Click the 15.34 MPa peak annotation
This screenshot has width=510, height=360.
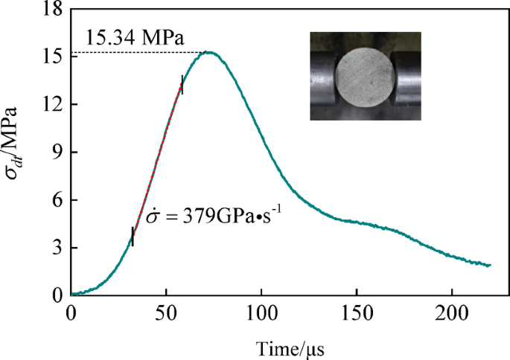tap(134, 37)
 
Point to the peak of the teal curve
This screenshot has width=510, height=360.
tap(209, 53)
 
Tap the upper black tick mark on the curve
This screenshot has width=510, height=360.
tap(181, 85)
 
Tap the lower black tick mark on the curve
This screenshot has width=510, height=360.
tap(133, 237)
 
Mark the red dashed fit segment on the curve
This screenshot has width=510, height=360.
tap(157, 160)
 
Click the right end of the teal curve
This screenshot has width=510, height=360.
tap(489, 265)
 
